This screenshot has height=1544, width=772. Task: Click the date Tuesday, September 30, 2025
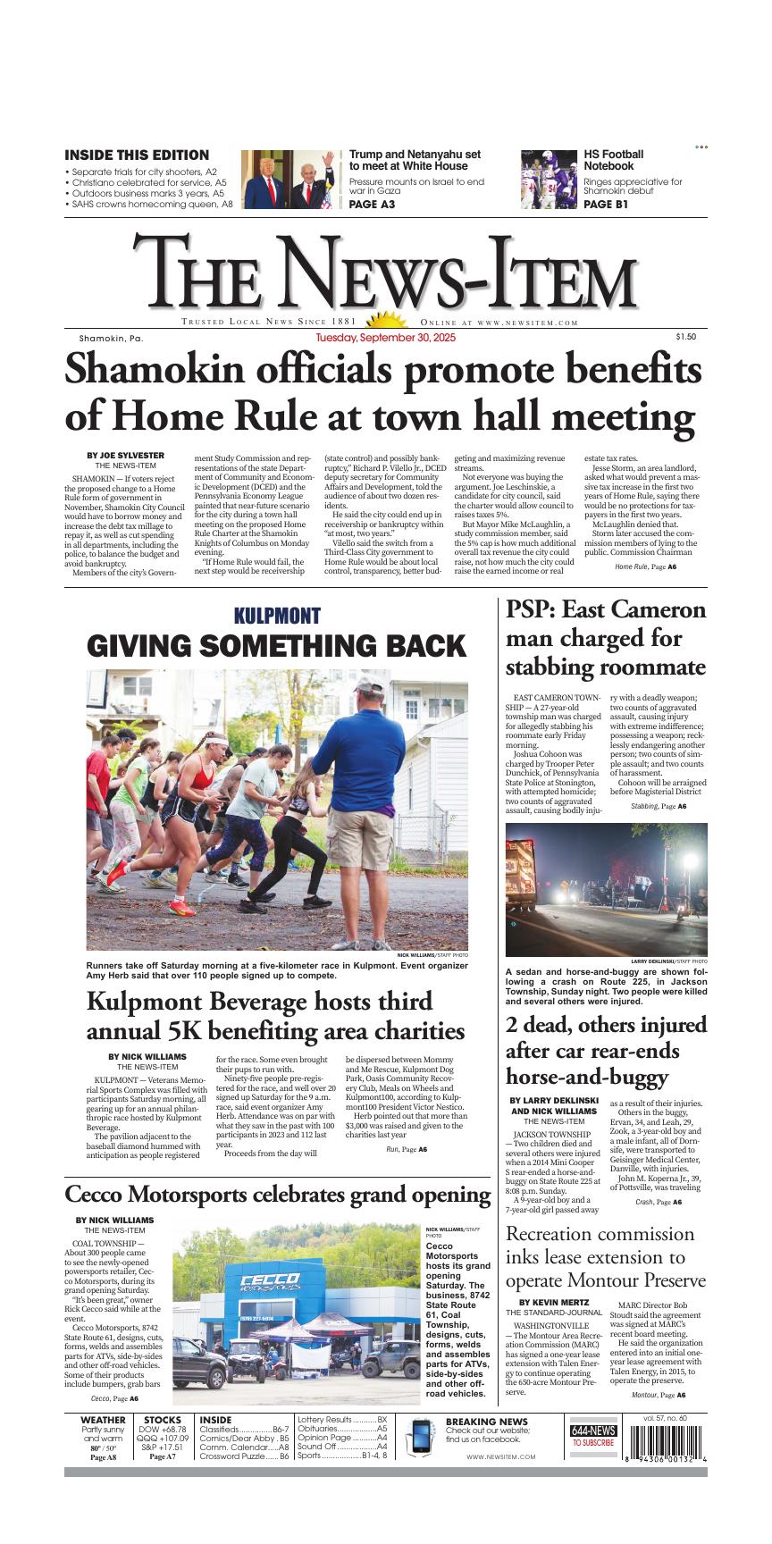click(x=386, y=339)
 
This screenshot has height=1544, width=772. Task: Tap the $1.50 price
click(x=685, y=337)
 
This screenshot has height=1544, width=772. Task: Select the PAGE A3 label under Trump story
click(x=372, y=205)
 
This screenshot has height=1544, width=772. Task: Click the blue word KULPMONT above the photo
click(x=277, y=616)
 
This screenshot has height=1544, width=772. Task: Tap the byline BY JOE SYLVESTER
click(x=125, y=456)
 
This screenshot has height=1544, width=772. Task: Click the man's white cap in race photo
click(x=367, y=686)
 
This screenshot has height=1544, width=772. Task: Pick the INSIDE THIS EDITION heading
click(x=137, y=155)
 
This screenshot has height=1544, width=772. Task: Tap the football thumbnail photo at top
click(x=550, y=180)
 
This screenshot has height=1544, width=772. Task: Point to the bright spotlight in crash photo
click(x=690, y=862)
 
